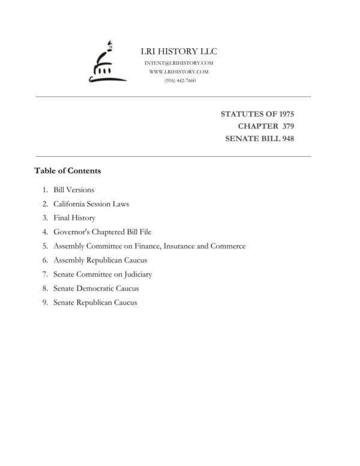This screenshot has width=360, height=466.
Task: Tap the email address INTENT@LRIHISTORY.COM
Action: coord(179,63)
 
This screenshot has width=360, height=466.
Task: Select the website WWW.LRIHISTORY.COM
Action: coord(179,71)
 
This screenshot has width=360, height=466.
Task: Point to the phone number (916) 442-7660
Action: coord(179,80)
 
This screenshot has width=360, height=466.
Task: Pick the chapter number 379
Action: coord(286,126)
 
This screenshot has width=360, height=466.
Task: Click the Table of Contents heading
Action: coord(68,171)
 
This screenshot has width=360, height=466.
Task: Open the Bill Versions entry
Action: coord(74,190)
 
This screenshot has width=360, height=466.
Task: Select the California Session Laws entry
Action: coord(91,204)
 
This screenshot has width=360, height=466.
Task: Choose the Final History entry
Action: coord(74,218)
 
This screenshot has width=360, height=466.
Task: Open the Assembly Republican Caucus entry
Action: coord(100,260)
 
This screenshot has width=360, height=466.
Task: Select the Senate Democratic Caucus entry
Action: coord(96,288)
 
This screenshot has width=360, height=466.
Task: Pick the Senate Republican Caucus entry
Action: coord(95,303)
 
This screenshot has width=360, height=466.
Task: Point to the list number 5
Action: coord(44,246)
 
